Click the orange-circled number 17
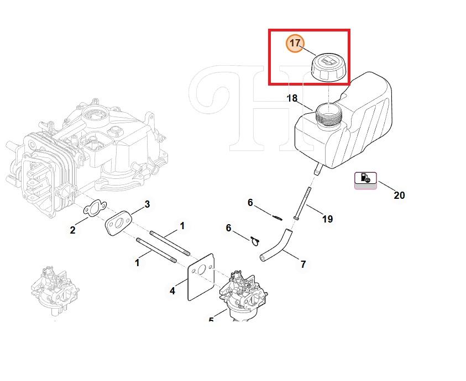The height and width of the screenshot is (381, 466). (295, 44)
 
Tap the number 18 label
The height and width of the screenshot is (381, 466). (292, 98)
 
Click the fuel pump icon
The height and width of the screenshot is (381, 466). (365, 178)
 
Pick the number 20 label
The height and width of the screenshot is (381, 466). (399, 195)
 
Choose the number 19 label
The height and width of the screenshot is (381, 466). (327, 219)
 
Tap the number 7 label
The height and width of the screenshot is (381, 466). (303, 264)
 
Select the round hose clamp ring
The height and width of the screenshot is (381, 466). (254, 241)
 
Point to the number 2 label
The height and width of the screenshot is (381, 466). (72, 230)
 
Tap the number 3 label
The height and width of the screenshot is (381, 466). (147, 204)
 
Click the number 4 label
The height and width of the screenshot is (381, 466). (172, 290)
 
